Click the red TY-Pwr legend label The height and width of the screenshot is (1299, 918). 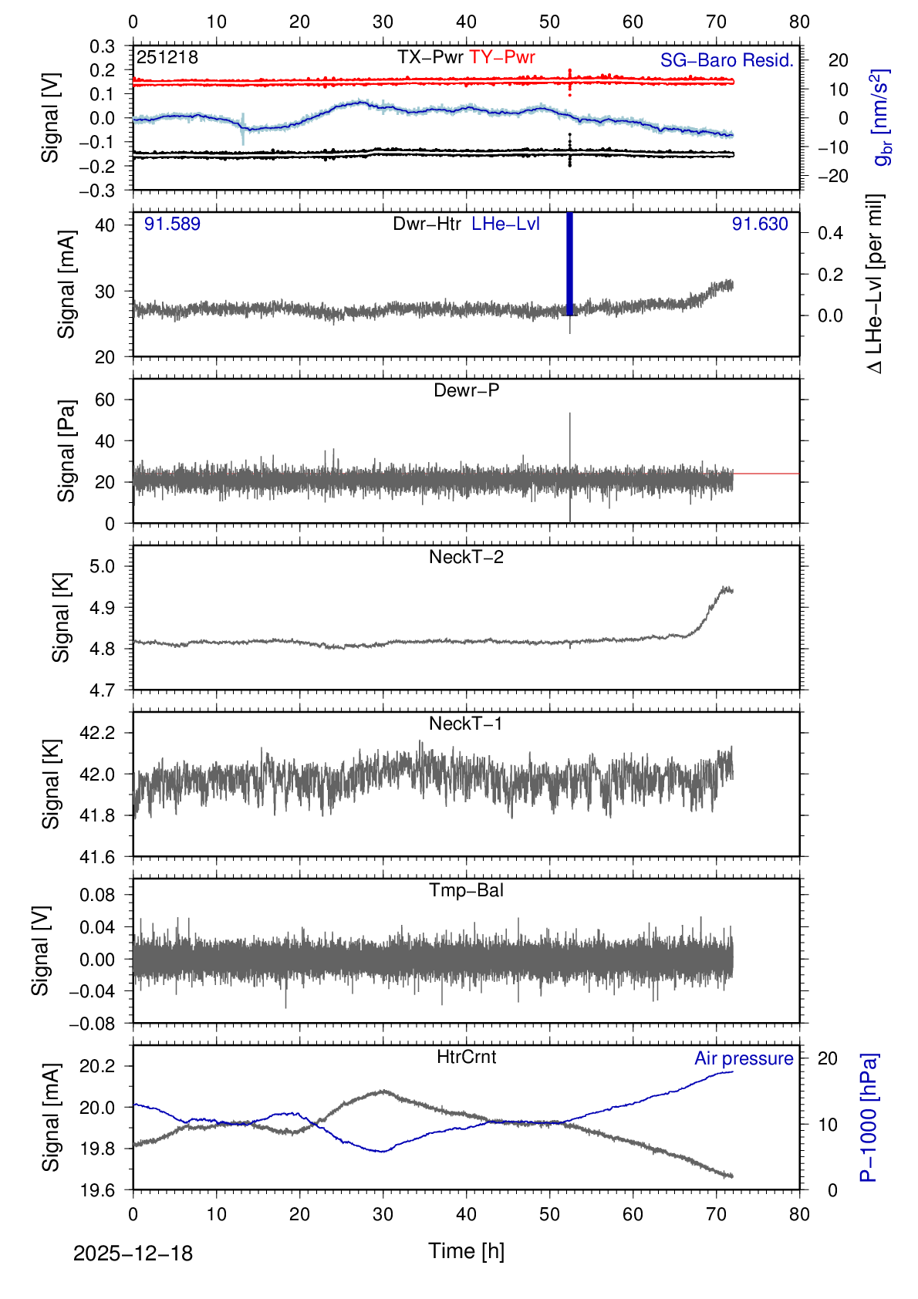502,58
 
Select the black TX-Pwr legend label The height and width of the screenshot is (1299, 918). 430,58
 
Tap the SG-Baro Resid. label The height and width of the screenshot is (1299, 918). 727,61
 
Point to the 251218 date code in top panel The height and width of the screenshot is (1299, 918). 167,58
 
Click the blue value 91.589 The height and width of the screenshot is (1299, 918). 172,224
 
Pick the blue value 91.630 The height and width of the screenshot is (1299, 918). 760,224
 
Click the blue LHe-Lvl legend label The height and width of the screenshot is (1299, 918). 505,224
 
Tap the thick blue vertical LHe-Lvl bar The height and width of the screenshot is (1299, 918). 570,262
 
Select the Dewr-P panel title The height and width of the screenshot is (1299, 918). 466,390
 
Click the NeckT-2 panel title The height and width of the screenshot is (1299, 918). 466,557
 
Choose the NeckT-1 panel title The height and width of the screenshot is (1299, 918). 466,724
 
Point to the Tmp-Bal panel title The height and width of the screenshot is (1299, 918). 466,890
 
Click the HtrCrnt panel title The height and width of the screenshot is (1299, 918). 466,1057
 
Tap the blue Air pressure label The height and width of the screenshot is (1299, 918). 744,1058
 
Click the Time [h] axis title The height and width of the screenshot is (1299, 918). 466,1250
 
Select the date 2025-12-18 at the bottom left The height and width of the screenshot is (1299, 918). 133,1253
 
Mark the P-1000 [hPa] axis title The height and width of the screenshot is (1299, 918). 869,1117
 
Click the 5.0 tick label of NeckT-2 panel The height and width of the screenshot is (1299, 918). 102,566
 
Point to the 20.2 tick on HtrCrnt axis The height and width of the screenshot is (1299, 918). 97,1066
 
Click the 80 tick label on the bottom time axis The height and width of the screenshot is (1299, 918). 799,1214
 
